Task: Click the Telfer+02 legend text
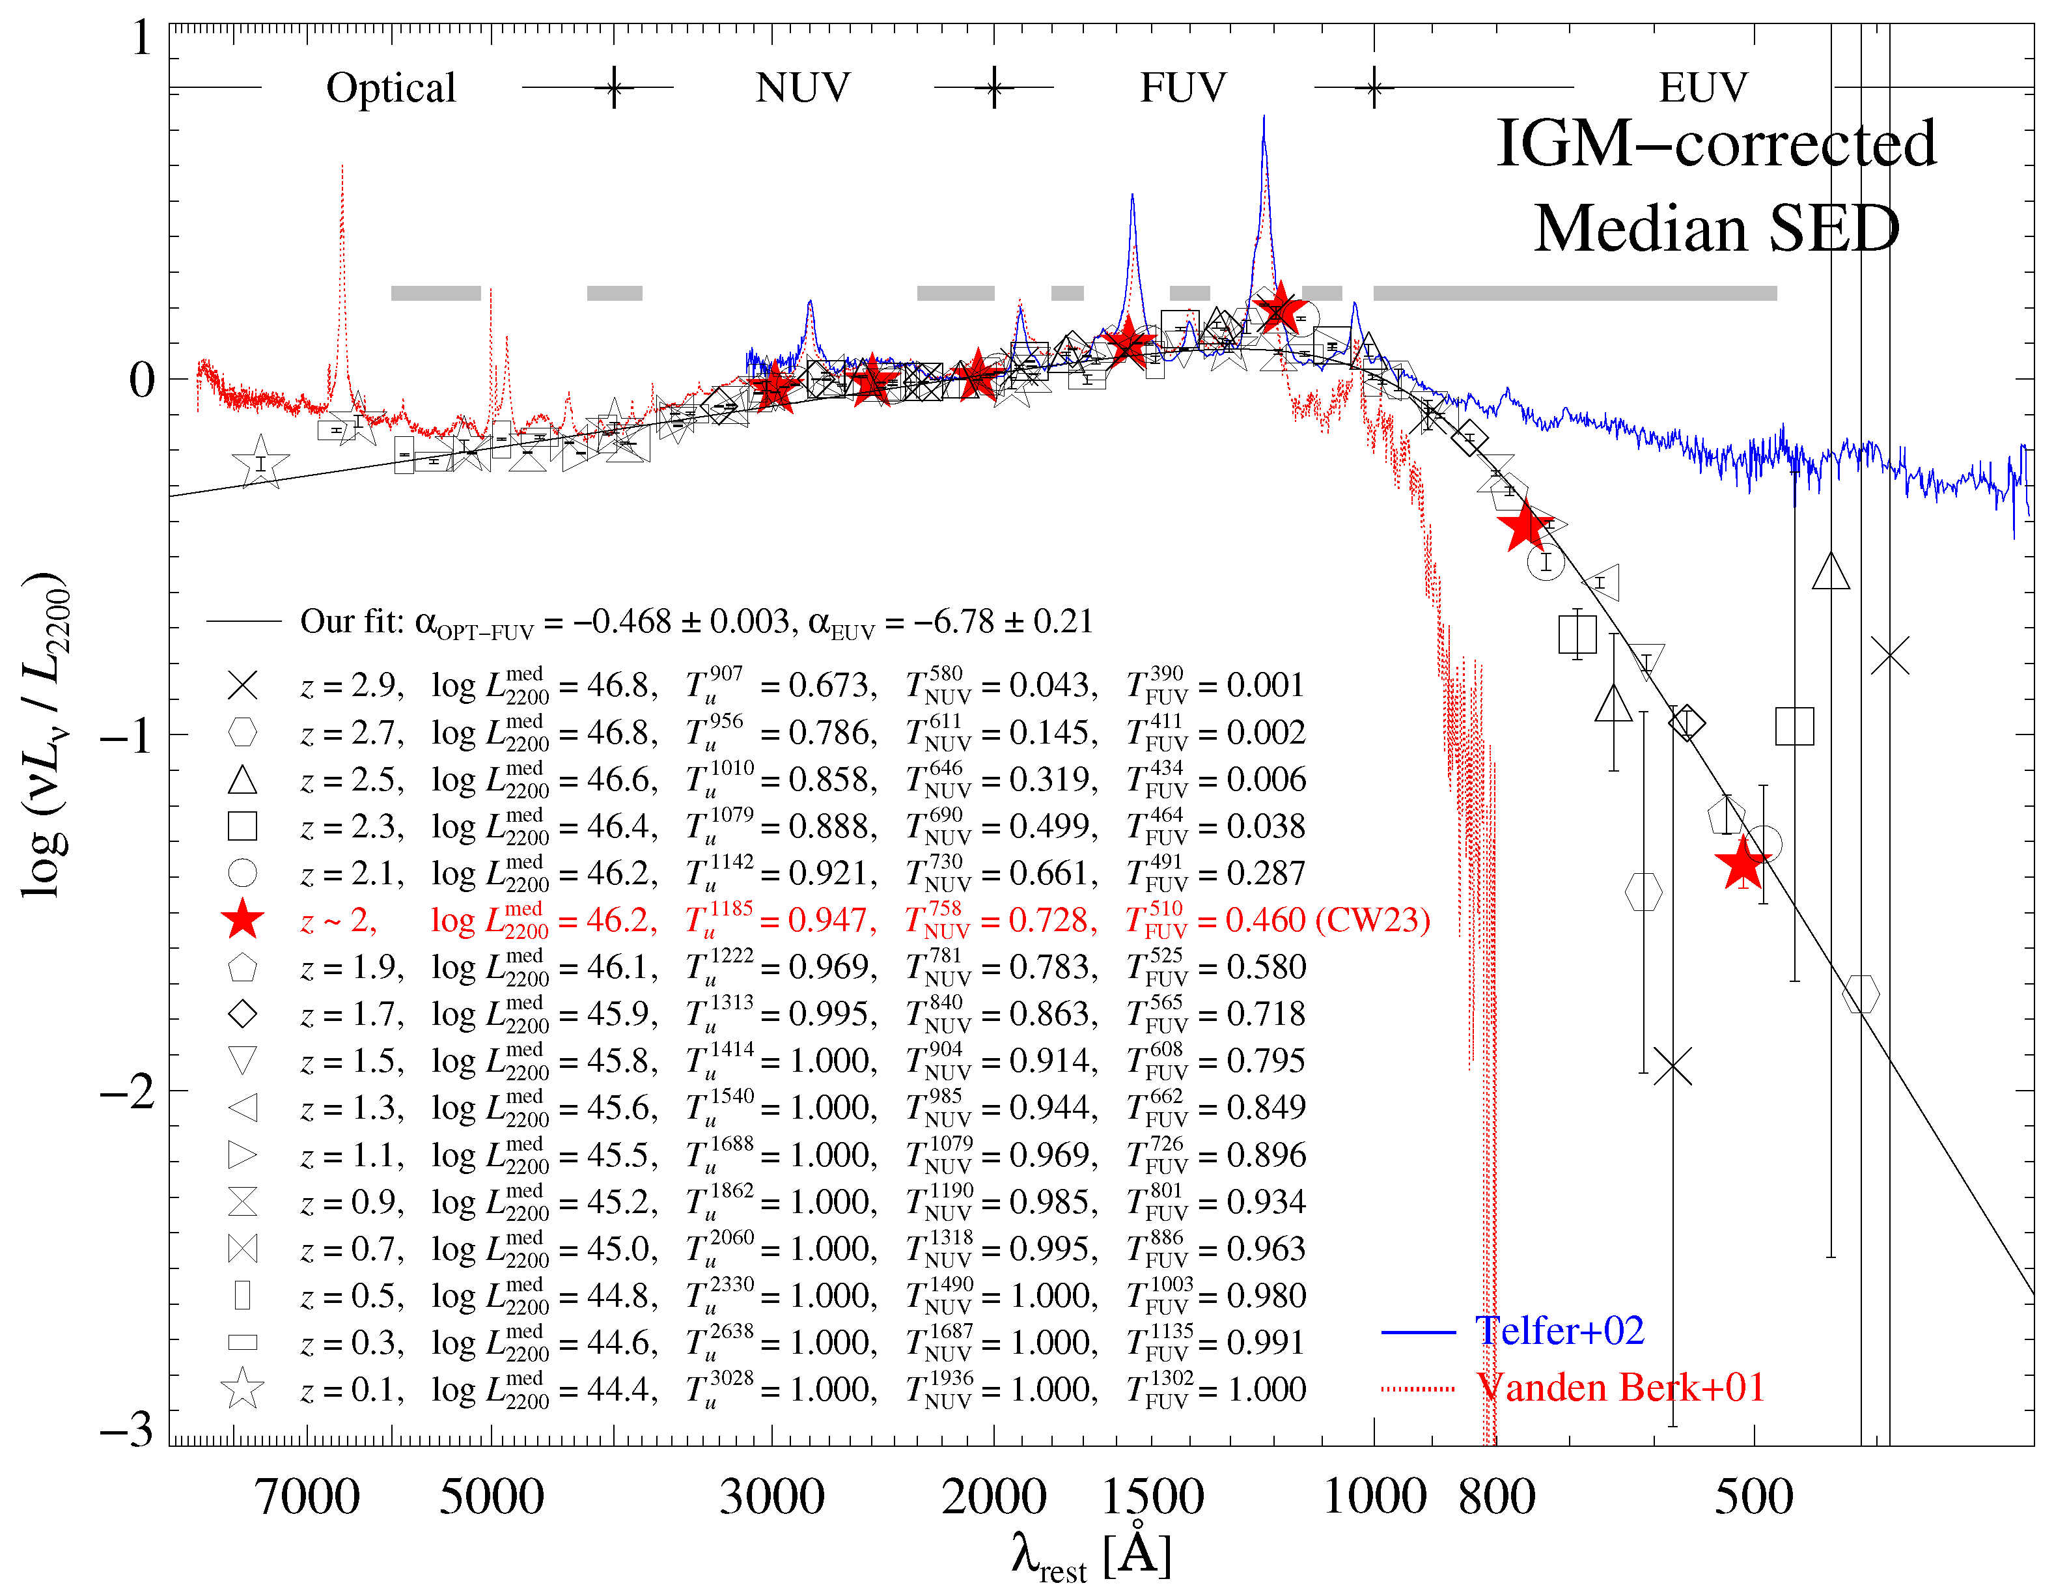pyautogui.click(x=1559, y=1331)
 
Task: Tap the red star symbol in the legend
pyautogui.click(x=243, y=919)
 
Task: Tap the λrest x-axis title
pyautogui.click(x=1091, y=1556)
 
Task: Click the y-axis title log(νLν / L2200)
pyautogui.click(x=45, y=734)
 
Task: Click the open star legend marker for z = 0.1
pyautogui.click(x=243, y=1389)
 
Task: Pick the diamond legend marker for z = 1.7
pyautogui.click(x=243, y=1014)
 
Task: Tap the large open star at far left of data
pyautogui.click(x=260, y=462)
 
